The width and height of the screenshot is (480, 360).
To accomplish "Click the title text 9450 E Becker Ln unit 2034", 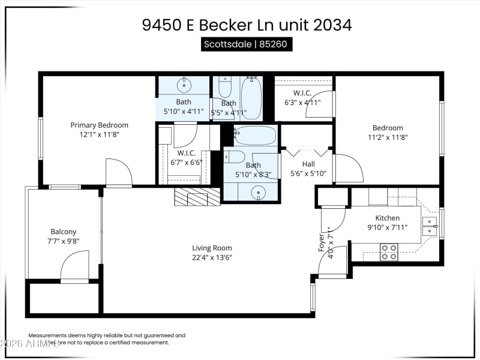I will (247, 25).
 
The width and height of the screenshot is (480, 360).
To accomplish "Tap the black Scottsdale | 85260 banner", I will (247, 44).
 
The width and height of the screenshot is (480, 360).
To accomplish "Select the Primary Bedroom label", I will (99, 125).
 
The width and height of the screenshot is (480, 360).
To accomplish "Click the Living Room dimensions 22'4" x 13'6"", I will (212, 257).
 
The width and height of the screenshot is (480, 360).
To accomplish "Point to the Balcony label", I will (63, 232).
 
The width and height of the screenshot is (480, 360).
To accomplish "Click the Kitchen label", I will (388, 218).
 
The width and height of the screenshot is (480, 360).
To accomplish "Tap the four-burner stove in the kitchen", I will (389, 251).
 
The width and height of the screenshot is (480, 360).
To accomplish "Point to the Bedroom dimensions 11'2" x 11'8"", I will (388, 137).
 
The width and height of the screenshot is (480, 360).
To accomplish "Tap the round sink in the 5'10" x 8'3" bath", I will (259, 193).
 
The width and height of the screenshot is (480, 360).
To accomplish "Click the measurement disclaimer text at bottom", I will (107, 339).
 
